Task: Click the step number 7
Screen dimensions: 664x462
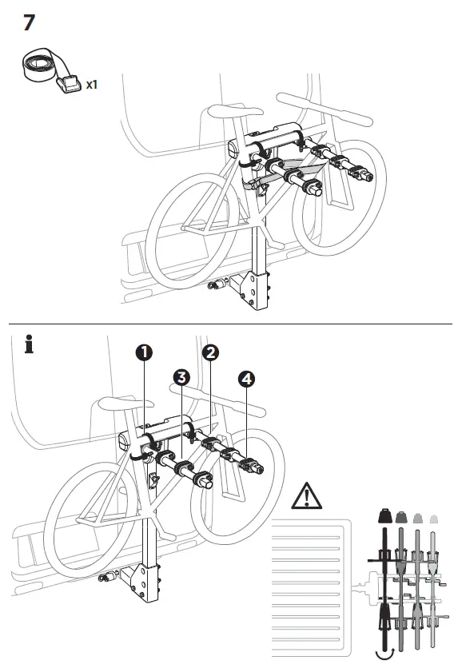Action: tap(29, 22)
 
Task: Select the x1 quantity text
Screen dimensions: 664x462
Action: tap(92, 84)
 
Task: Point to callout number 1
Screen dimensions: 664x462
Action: tap(145, 352)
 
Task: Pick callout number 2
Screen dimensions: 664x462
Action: tap(209, 352)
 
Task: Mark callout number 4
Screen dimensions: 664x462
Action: tap(245, 380)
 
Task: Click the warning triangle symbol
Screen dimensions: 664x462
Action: tap(306, 498)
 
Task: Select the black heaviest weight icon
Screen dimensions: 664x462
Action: tap(384, 518)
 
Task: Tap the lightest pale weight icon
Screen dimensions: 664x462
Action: tap(435, 519)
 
